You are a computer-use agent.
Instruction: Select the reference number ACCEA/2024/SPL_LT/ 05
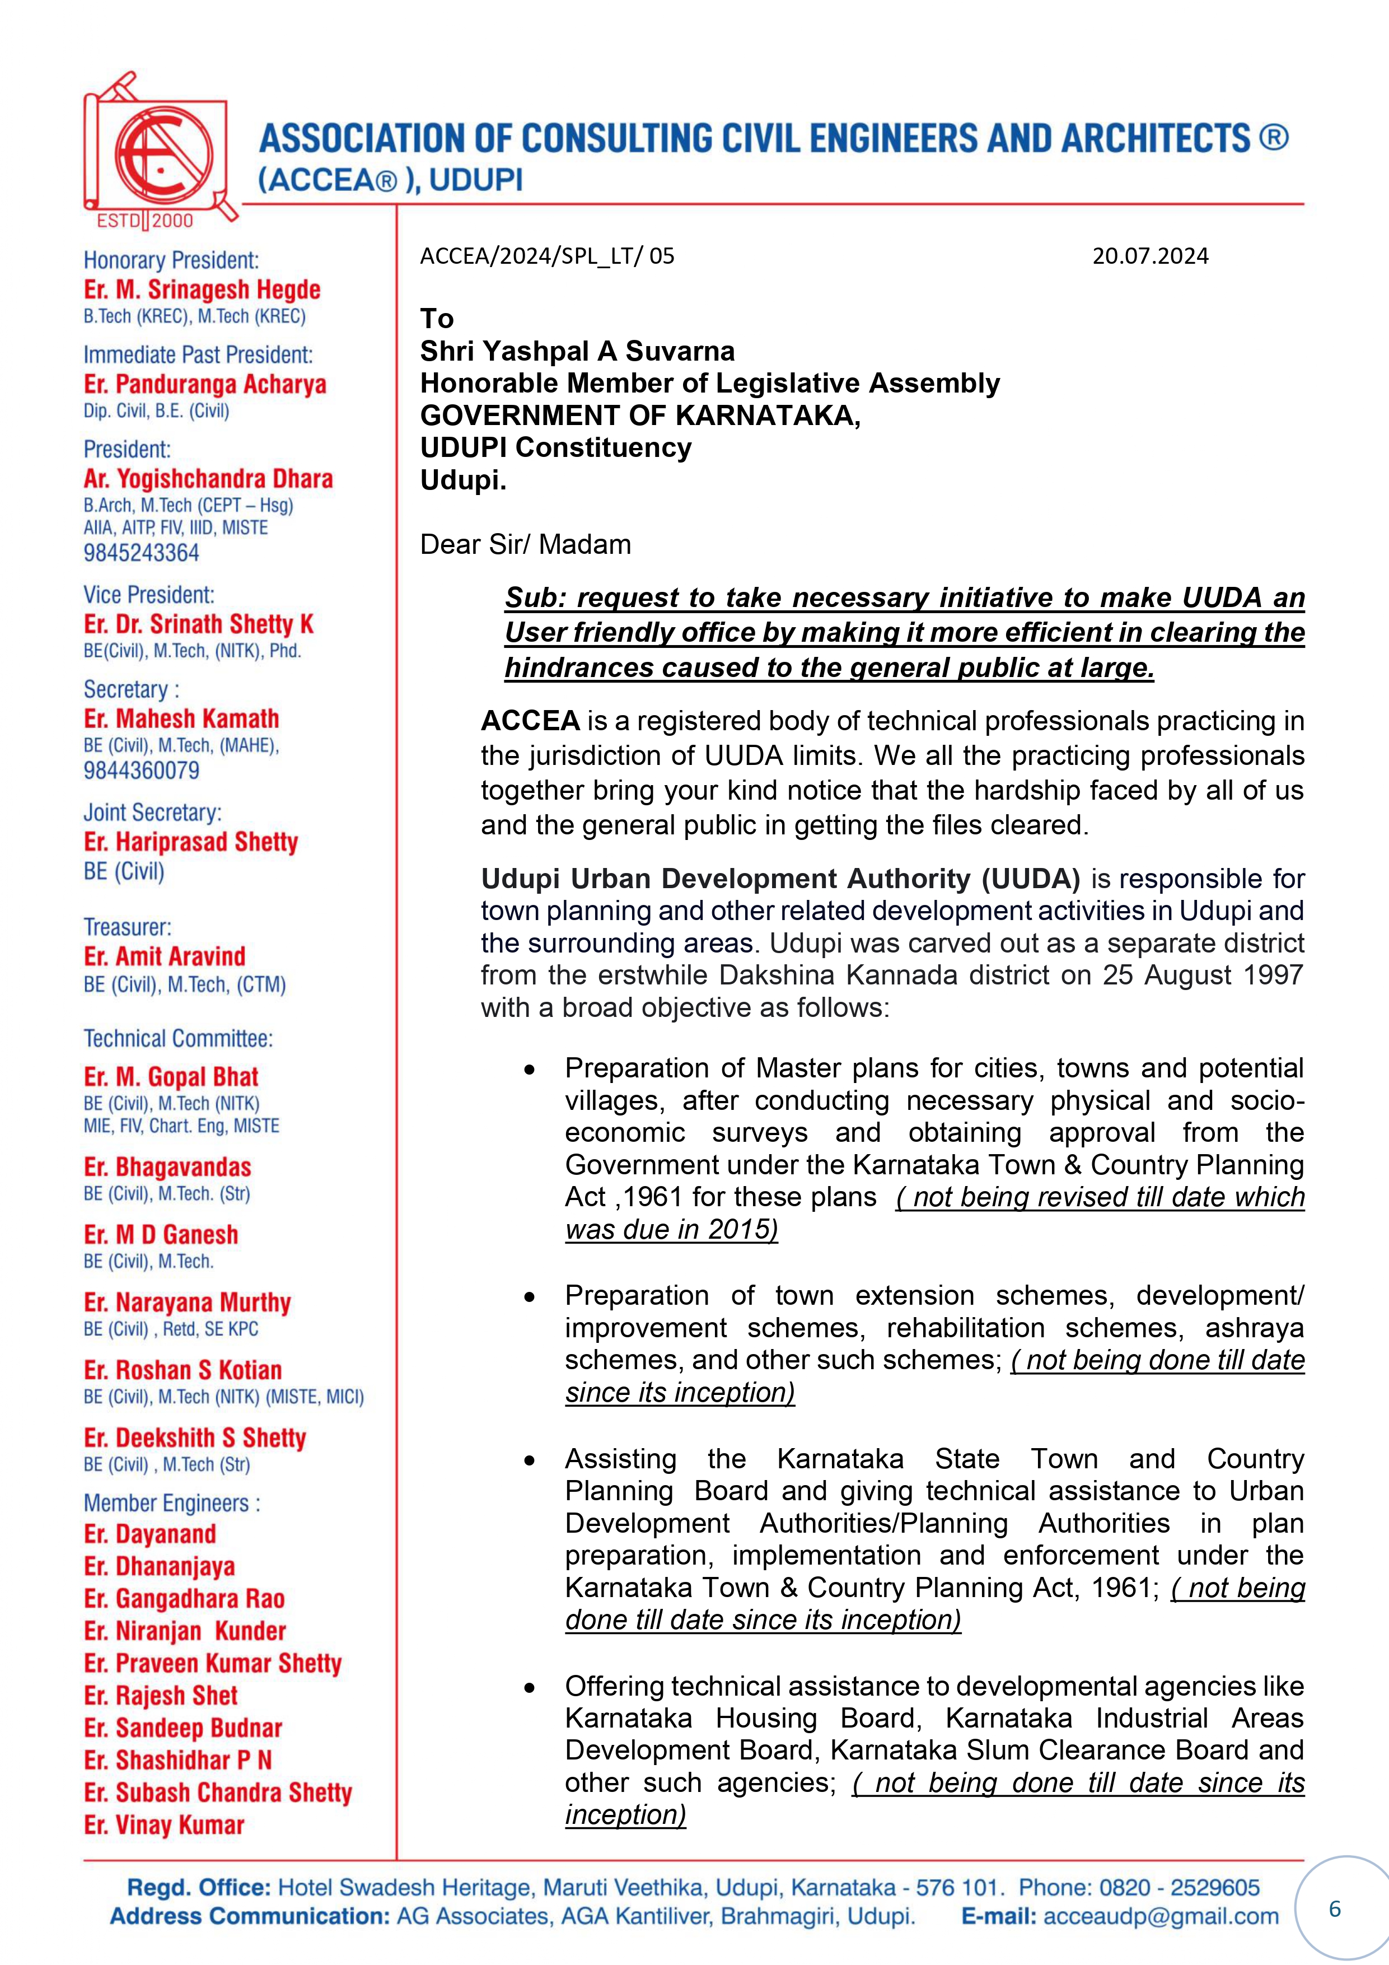tap(547, 256)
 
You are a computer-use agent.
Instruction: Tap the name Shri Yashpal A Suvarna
tap(577, 351)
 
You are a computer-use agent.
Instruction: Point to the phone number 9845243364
tap(141, 553)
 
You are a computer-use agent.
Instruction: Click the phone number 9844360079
tap(141, 770)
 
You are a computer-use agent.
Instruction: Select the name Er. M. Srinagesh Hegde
tap(202, 290)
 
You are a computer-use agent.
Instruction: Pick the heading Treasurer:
tap(128, 927)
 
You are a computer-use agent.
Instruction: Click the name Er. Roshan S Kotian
tap(183, 1370)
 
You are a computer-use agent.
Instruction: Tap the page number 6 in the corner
tap(1334, 1908)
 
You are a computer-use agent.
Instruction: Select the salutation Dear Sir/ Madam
tap(526, 544)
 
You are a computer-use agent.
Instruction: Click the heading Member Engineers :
tap(172, 1503)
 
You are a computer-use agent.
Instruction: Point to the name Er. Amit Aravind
tap(165, 956)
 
